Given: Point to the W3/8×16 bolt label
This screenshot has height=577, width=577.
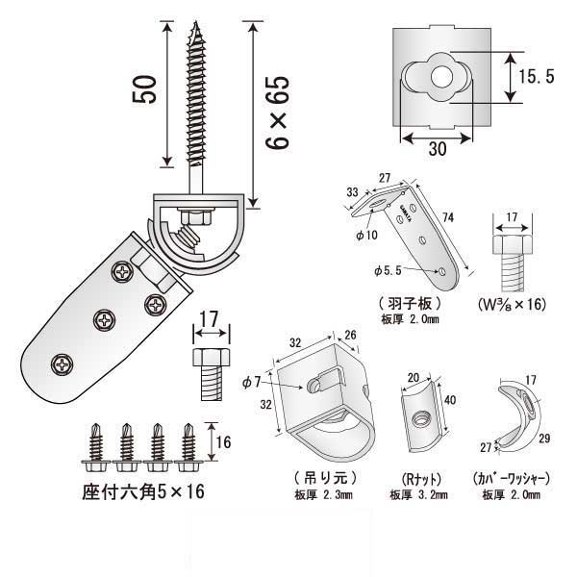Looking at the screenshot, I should tap(513, 305).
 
